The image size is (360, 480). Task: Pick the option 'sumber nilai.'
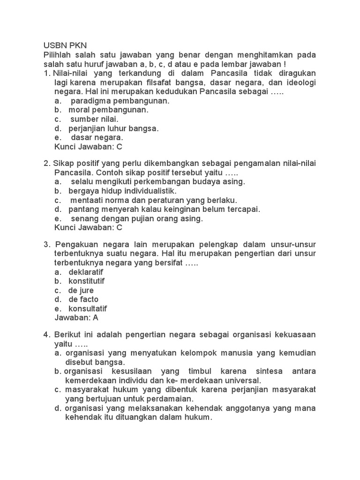click(x=94, y=119)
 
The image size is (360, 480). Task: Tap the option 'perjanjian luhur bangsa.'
click(x=113, y=128)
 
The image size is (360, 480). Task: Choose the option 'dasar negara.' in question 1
click(x=97, y=137)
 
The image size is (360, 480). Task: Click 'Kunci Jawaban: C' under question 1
click(x=89, y=147)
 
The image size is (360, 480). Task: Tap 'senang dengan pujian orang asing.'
click(x=136, y=218)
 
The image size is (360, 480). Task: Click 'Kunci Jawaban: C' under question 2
click(x=89, y=228)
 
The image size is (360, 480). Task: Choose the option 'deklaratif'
click(x=86, y=272)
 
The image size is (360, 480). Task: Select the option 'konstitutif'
click(x=86, y=281)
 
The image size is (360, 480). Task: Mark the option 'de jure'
click(x=81, y=291)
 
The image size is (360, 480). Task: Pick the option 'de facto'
click(x=83, y=300)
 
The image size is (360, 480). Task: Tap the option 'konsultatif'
click(x=88, y=309)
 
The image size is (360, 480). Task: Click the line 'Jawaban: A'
click(x=77, y=318)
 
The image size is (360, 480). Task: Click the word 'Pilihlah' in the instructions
click(x=58, y=55)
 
